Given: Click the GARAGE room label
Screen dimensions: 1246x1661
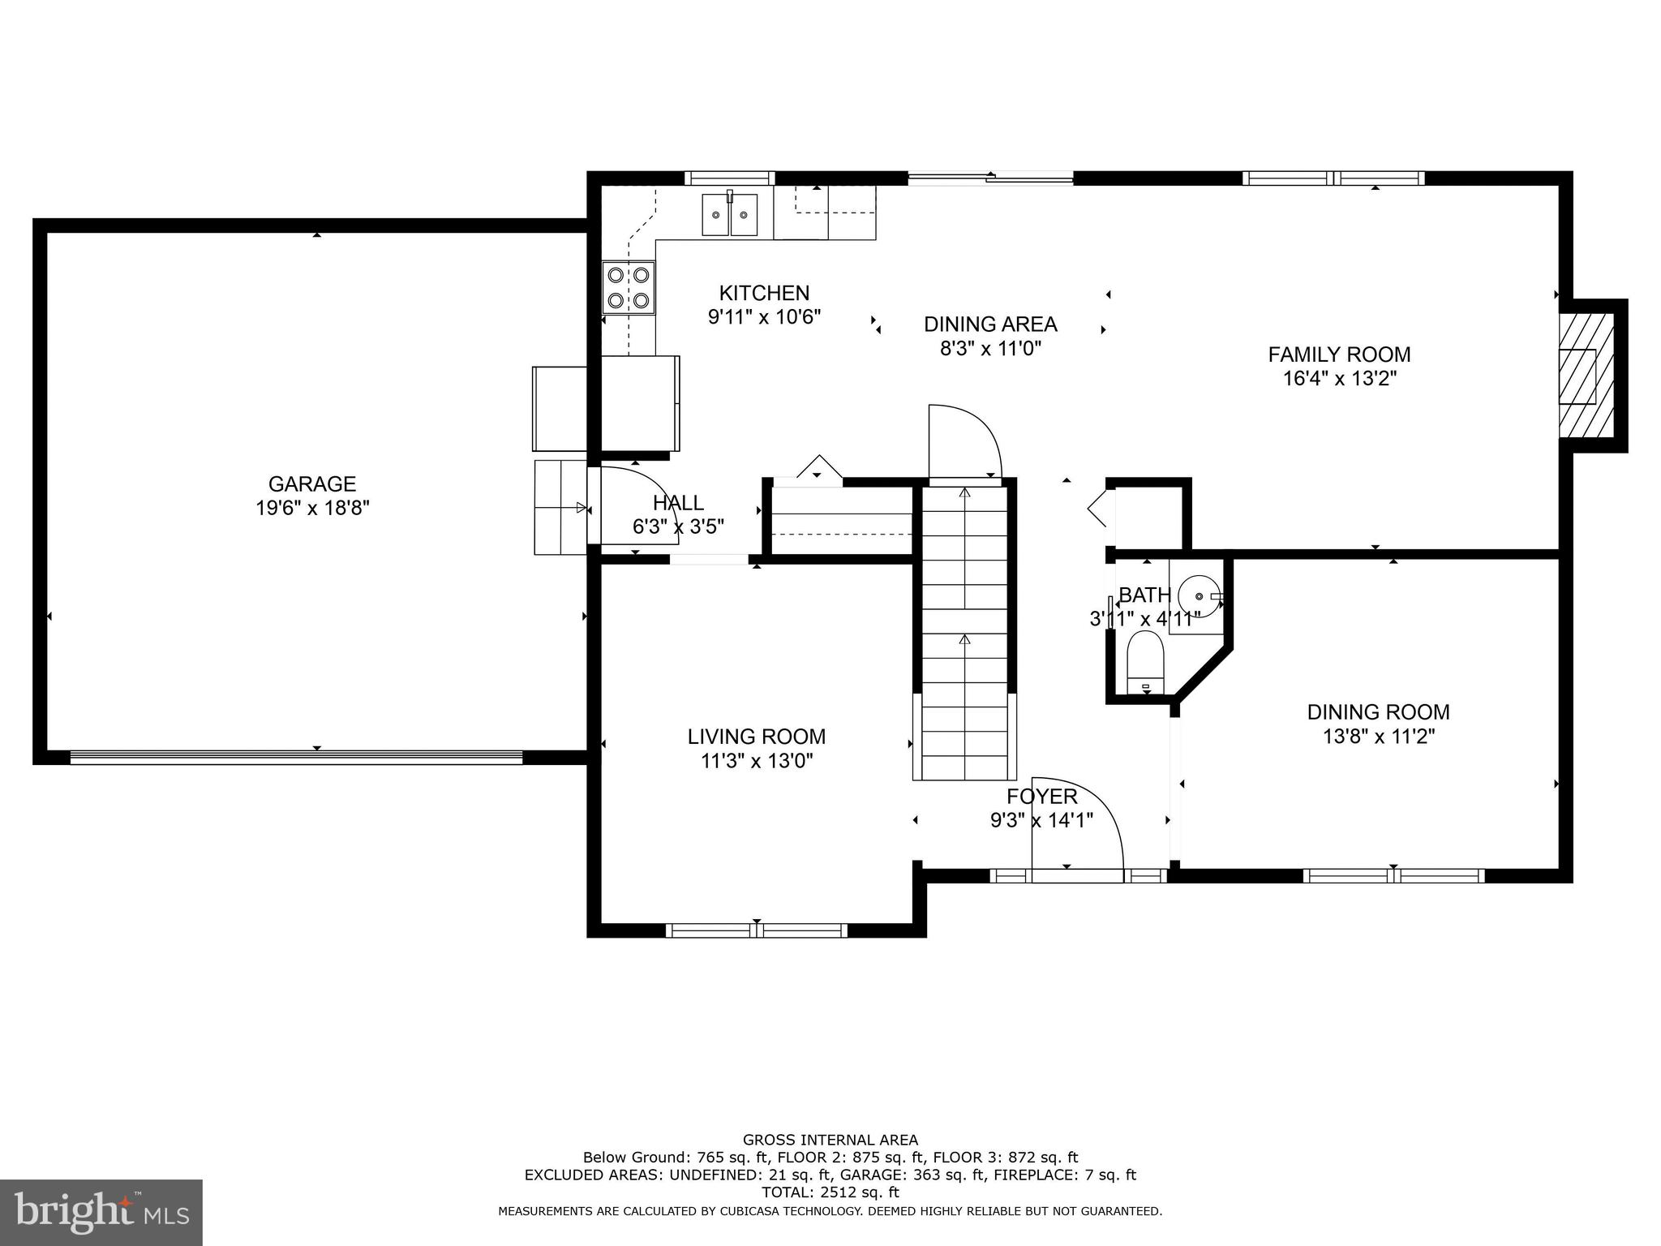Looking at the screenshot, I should coord(311,484).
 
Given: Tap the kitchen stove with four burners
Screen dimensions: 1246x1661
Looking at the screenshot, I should coord(629,288).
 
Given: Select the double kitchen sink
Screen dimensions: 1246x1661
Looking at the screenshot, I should coord(729,214).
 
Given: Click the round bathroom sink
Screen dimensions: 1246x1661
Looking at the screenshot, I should coord(1199,595).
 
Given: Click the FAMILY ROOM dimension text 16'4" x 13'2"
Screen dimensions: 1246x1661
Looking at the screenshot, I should coord(1339,379).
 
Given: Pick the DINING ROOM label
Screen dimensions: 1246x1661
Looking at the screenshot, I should coord(1378,712).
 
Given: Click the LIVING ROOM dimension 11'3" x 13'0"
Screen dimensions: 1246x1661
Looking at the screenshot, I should coord(757,761).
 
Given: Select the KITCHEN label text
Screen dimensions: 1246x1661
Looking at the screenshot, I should coord(764,293).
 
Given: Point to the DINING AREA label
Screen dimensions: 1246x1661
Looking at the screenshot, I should coord(990,324).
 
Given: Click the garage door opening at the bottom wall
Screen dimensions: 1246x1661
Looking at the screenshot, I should coord(296,757).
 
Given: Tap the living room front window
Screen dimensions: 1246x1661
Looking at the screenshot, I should coord(756,930).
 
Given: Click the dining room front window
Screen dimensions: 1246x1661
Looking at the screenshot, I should coord(1393,876).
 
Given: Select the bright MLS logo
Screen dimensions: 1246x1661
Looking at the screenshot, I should coord(101,1212).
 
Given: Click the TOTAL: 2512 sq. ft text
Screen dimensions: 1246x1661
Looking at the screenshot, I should coord(830,1192).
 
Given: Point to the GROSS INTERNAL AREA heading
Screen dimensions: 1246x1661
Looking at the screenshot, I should coord(830,1140).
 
